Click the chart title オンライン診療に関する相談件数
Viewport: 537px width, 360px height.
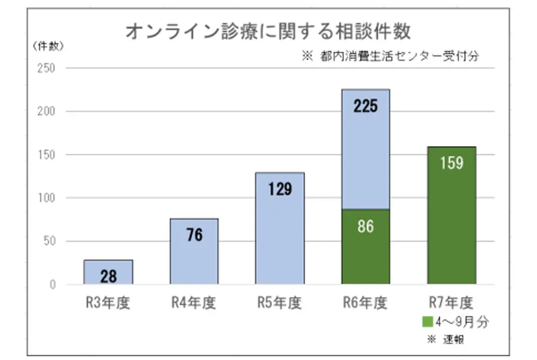click(x=268, y=31)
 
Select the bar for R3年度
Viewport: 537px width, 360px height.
click(x=108, y=272)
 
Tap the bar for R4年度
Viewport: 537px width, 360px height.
click(x=194, y=251)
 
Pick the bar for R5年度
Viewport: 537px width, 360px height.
click(x=280, y=228)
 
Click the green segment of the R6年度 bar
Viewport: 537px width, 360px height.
click(x=366, y=247)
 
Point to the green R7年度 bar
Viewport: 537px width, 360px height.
click(x=452, y=215)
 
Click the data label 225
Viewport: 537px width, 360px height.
click(x=366, y=106)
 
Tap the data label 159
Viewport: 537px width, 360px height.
click(x=452, y=163)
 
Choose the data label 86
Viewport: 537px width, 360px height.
click(x=366, y=226)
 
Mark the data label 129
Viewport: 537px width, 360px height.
click(x=280, y=189)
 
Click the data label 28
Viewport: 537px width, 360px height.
click(x=108, y=277)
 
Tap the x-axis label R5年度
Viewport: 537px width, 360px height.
click(x=280, y=303)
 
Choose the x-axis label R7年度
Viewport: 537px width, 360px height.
click(x=452, y=303)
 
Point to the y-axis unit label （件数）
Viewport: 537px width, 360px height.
click(x=48, y=46)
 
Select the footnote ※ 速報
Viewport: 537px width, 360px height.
click(x=445, y=340)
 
